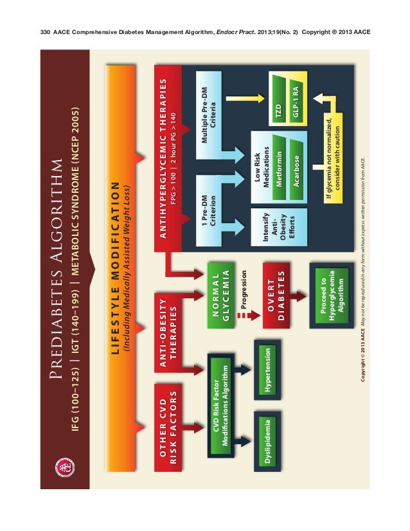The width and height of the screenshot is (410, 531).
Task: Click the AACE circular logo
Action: (x=64, y=467)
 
